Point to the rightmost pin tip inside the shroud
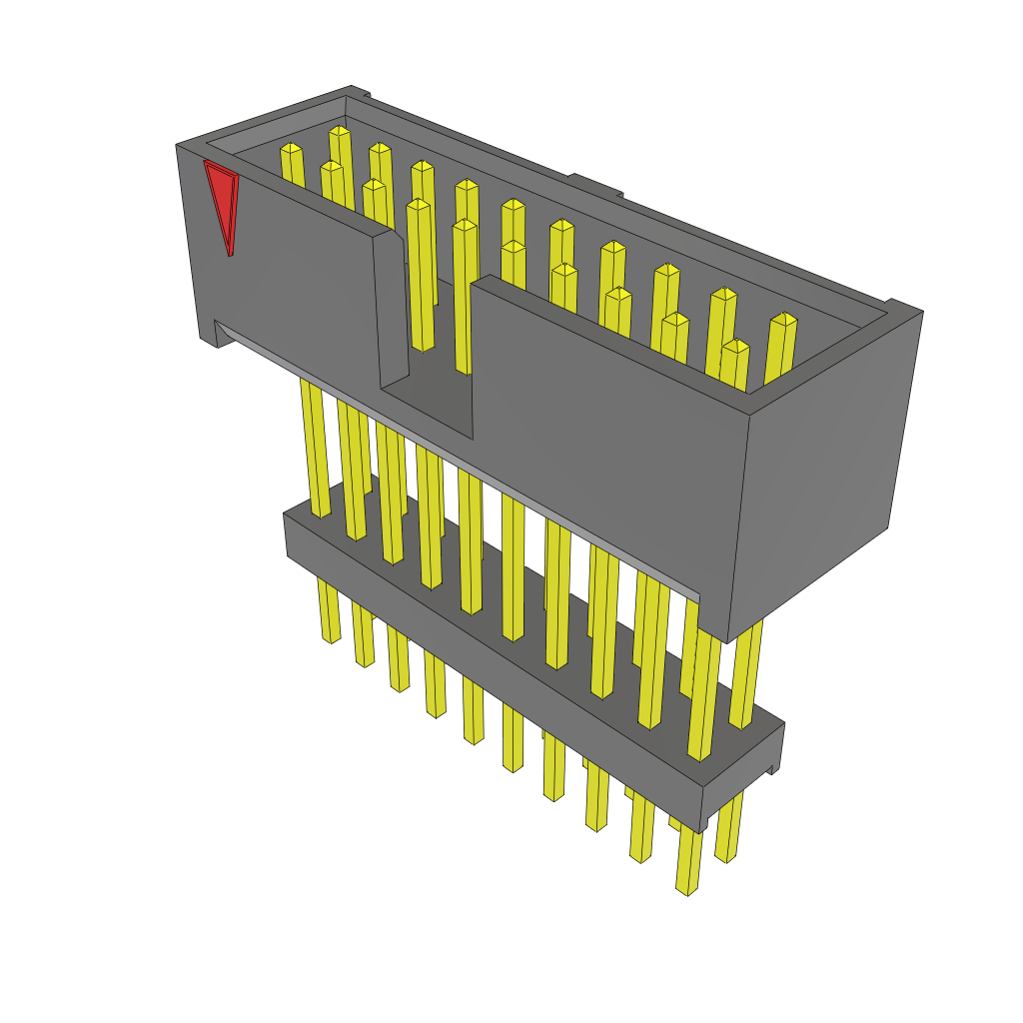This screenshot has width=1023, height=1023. tap(784, 320)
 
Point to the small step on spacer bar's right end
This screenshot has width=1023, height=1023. tap(771, 768)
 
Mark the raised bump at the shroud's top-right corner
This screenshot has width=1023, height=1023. tap(904, 307)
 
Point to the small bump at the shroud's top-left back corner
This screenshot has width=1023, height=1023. tap(359, 92)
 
